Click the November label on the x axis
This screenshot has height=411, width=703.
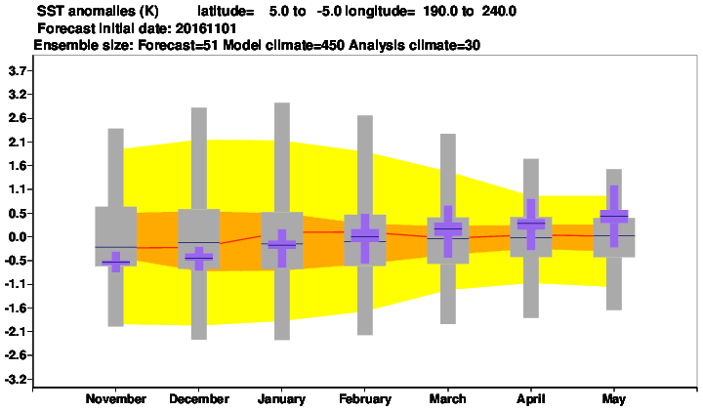click(x=115, y=399)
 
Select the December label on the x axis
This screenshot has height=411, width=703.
click(x=199, y=399)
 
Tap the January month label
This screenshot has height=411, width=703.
click(x=281, y=399)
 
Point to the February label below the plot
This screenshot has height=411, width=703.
click(x=365, y=399)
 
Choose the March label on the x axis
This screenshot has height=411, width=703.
click(x=447, y=399)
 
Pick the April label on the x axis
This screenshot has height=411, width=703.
click(x=531, y=399)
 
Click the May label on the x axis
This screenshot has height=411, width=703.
click(x=614, y=399)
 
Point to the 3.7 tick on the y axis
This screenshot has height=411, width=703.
click(x=18, y=71)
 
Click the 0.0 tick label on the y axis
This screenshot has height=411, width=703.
click(x=18, y=237)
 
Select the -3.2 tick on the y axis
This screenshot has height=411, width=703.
click(x=16, y=380)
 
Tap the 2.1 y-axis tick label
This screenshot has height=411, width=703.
click(x=18, y=143)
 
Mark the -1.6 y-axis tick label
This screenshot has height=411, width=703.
click(x=16, y=308)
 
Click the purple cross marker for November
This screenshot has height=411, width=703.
click(x=115, y=263)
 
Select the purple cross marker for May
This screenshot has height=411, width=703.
click(x=614, y=216)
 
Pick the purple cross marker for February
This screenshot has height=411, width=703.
click(x=365, y=236)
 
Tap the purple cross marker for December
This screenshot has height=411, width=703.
click(x=199, y=258)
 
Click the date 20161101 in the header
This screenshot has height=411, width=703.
click(x=206, y=28)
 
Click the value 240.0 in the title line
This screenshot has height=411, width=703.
click(x=499, y=11)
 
